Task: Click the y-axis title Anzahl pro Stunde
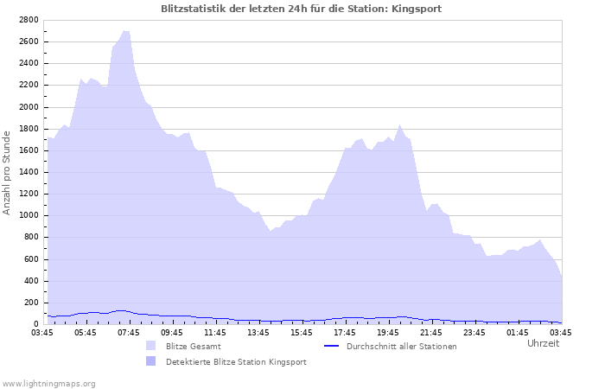pos(7,172)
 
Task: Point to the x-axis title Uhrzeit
pos(543,343)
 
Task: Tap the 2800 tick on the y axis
pos(28,20)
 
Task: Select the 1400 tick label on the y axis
pos(28,172)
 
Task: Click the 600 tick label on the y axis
pos(30,259)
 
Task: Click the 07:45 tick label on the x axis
pos(129,332)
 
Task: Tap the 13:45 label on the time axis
pos(258,332)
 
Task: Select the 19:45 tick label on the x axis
pos(388,332)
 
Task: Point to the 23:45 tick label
pos(474,332)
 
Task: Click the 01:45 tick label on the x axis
pos(518,332)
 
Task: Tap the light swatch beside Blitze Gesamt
pos(151,346)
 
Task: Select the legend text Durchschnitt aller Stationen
pos(401,346)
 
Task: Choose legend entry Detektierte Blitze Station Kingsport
pos(236,361)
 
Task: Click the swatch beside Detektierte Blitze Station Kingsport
pos(151,361)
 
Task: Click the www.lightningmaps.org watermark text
pos(48,383)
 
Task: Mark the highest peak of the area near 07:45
pos(126,31)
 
